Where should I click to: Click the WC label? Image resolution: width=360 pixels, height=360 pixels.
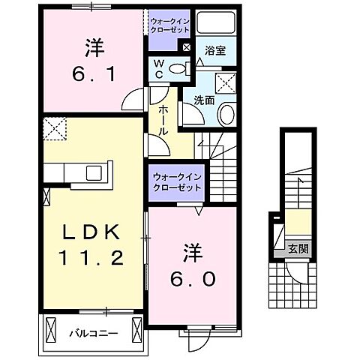[158, 68]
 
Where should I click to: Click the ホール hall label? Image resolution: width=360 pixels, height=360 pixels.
[162, 120]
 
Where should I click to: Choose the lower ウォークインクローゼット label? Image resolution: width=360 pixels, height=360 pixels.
[177, 181]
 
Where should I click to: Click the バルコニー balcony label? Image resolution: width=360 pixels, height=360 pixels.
[91, 331]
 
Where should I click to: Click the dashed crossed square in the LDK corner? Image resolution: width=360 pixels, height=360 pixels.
[53, 129]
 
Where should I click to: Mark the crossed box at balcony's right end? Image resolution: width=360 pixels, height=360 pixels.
[137, 328]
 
